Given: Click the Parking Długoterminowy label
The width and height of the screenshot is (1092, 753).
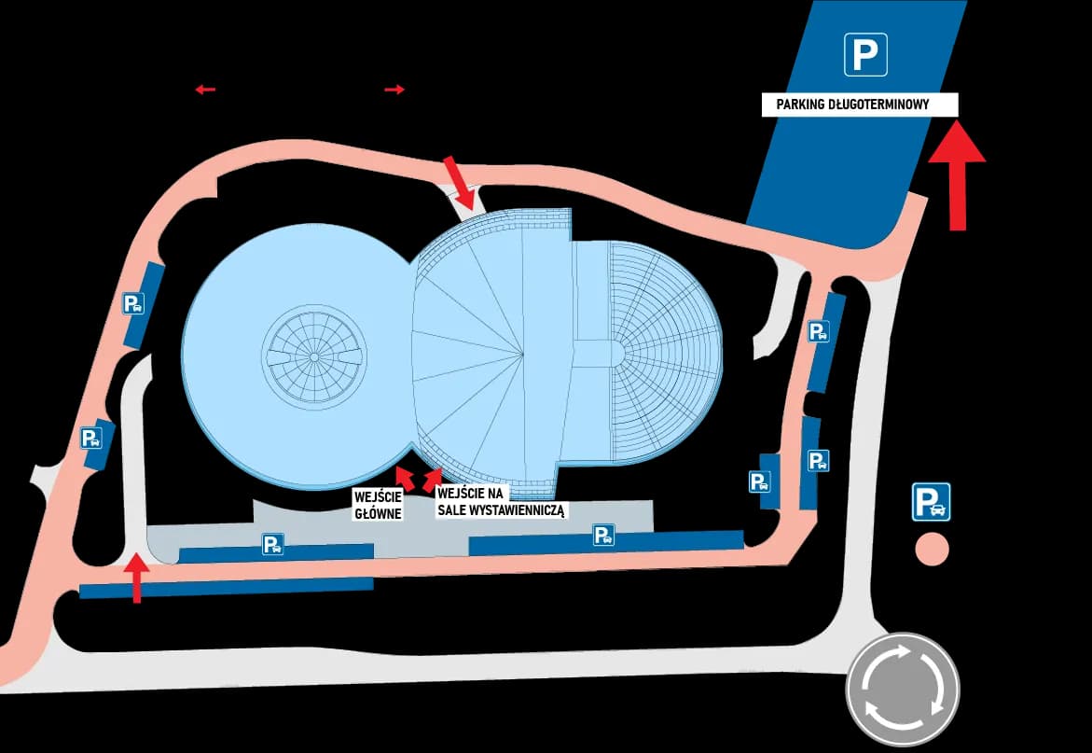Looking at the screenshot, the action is click(x=860, y=105).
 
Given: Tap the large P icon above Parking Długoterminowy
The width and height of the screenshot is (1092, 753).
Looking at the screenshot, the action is click(x=865, y=54).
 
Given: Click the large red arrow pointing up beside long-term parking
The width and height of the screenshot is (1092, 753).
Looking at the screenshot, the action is click(x=957, y=174).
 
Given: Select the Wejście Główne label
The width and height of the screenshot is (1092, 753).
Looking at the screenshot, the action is click(x=379, y=505).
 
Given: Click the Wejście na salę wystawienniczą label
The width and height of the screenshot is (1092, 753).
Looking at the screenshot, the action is click(x=502, y=502).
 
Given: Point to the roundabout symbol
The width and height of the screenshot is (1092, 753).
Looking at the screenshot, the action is click(x=903, y=689).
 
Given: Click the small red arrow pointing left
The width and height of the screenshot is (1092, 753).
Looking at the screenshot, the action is click(x=205, y=90).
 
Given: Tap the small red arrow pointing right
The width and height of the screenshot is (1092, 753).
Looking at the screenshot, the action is click(x=394, y=90).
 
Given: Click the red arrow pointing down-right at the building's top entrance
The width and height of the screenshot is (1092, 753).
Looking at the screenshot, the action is click(x=460, y=184).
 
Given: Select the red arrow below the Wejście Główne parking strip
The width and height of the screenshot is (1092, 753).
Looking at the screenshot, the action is click(x=136, y=578).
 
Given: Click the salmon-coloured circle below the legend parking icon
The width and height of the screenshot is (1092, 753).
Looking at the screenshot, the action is click(x=932, y=549).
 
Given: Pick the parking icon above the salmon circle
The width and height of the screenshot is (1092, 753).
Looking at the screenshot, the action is click(x=931, y=502).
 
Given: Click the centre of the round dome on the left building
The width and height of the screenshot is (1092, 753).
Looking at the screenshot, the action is click(x=314, y=356).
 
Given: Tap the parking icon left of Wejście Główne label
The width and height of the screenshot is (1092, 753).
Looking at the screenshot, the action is click(x=273, y=544).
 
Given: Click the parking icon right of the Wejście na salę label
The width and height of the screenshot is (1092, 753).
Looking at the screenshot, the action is click(x=603, y=535).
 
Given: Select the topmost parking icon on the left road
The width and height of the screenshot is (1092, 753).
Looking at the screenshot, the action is click(x=133, y=303).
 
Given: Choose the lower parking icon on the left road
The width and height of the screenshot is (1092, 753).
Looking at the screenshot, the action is click(x=91, y=439).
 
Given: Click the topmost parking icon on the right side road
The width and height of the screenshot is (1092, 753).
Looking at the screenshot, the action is click(x=819, y=331).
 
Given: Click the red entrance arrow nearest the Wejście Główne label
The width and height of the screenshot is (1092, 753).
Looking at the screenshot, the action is click(x=404, y=476).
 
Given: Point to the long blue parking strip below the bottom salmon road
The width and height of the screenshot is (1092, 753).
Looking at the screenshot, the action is click(x=227, y=588).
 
